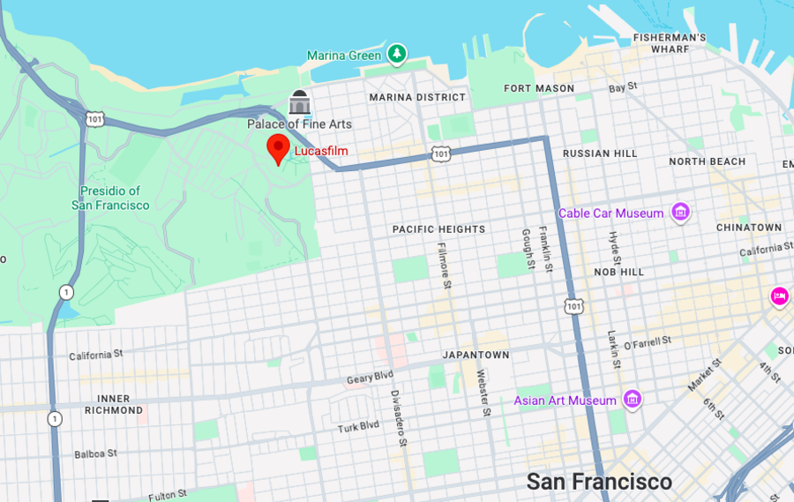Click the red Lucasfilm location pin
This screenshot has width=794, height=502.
[278, 149]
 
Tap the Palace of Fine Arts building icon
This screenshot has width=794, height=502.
[300, 103]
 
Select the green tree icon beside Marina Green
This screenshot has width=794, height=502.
[397, 55]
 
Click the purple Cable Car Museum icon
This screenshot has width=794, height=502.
[680, 213]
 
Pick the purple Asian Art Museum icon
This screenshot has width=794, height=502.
[632, 401]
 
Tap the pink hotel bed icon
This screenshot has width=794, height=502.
[780, 296]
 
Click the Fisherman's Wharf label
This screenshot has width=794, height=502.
[670, 43]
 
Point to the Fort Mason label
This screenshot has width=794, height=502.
[539, 88]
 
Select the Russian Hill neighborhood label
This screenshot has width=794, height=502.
[600, 154]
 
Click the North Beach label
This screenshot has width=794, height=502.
[707, 161]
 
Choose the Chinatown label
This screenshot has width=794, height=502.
[748, 228]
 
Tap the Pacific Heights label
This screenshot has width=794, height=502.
[438, 229]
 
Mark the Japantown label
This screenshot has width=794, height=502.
[476, 355]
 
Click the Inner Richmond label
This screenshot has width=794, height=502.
[114, 404]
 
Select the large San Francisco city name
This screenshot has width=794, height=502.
[599, 482]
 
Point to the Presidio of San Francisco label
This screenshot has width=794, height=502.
[110, 198]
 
